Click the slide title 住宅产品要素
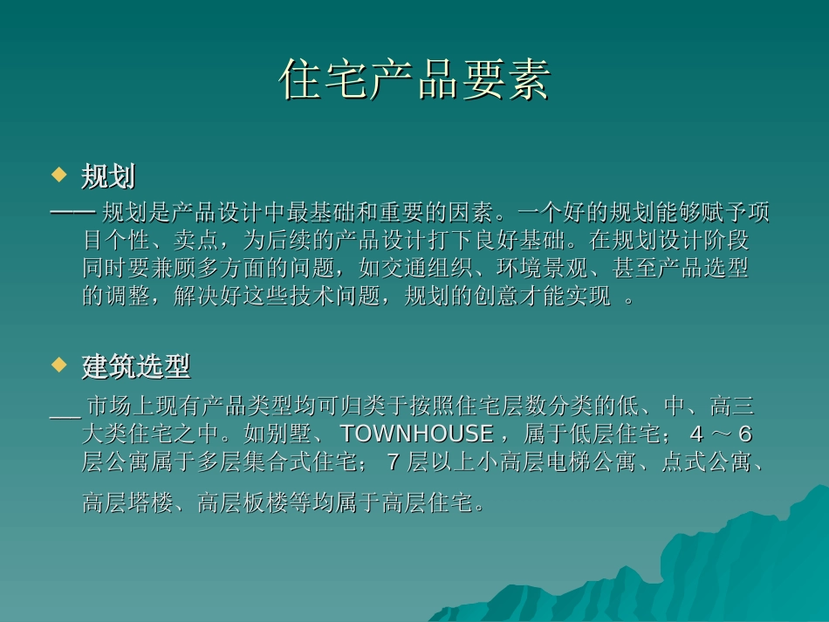click(415, 79)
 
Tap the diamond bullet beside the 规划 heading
click(59, 174)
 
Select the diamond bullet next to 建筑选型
click(59, 364)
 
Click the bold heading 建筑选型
click(136, 366)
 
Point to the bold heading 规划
click(108, 176)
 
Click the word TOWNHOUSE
click(417, 434)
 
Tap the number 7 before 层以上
click(393, 461)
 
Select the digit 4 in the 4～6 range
click(697, 434)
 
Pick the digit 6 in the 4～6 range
click(745, 434)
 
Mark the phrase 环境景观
click(543, 268)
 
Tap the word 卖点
click(196, 240)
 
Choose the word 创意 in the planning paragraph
click(497, 296)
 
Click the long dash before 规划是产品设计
click(73, 213)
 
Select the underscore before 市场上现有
click(65, 417)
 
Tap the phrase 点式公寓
click(706, 461)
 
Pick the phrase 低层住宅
click(614, 434)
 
